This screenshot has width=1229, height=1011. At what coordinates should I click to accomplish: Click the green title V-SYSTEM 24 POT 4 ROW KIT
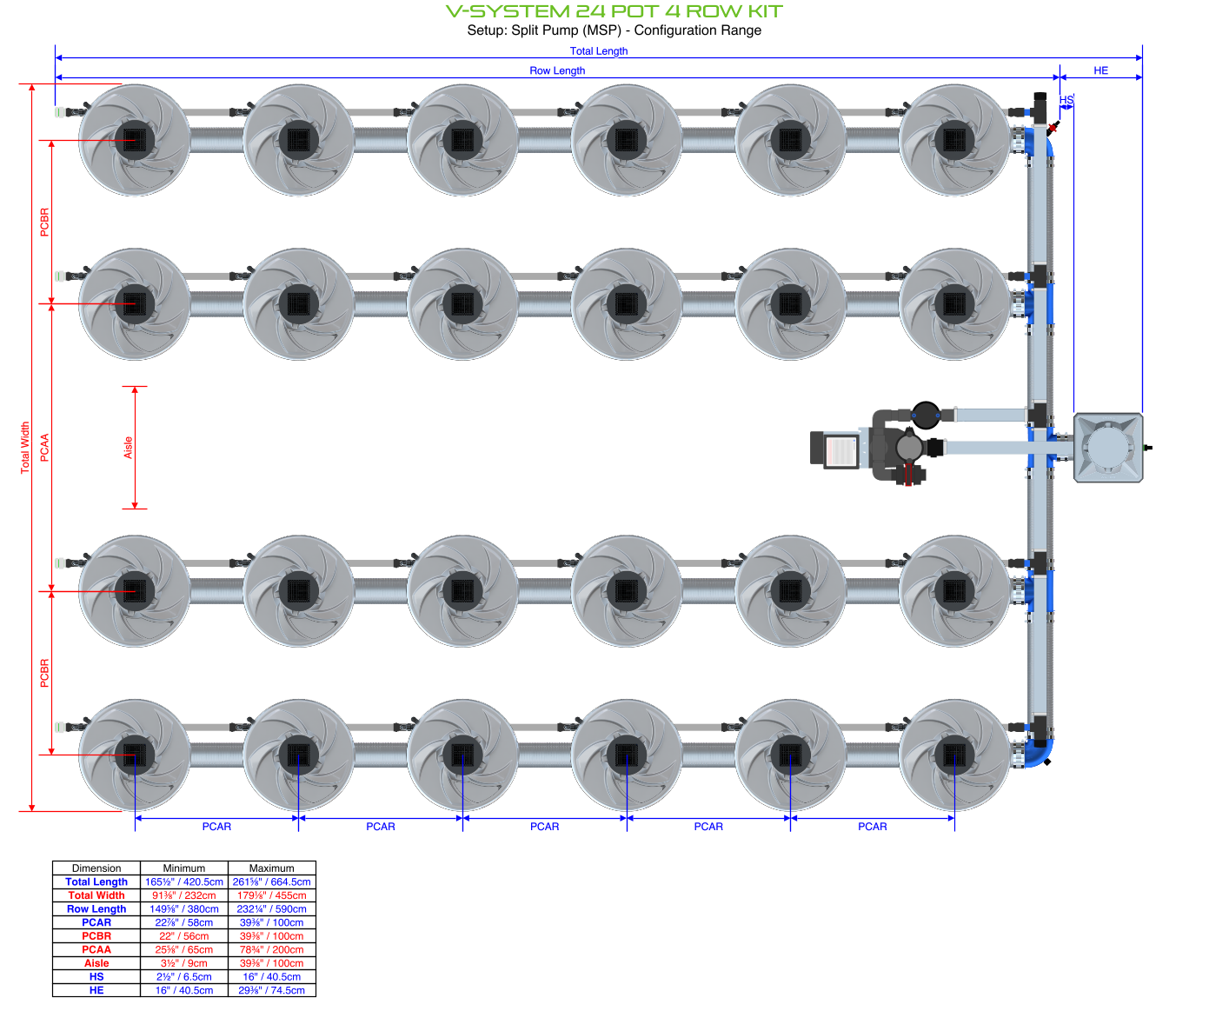point(614,11)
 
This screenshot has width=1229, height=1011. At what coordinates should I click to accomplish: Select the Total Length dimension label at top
point(598,51)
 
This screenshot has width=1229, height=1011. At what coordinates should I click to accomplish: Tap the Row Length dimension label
point(557,70)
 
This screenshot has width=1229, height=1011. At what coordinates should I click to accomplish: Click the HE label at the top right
point(1100,70)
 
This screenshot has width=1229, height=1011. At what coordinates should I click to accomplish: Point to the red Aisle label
point(129,448)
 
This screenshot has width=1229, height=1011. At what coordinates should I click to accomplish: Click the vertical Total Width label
point(25,448)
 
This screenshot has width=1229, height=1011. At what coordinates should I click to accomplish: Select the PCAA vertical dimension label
point(45,448)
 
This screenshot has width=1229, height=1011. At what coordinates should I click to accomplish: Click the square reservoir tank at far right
point(1108,448)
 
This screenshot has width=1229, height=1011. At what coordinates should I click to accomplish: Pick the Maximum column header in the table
point(271,868)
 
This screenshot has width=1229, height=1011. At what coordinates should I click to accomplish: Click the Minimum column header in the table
point(184,868)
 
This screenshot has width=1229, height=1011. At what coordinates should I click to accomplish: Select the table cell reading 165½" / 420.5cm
point(184,881)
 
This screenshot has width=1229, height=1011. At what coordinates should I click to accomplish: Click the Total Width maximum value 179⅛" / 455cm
point(271,895)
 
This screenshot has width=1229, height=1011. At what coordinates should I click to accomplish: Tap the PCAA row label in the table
point(96,949)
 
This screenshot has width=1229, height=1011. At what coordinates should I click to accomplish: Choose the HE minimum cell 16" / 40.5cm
point(184,990)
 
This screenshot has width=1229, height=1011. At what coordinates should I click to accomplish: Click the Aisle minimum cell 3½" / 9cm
point(184,963)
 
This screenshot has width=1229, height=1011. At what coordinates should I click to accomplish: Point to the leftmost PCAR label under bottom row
point(216,827)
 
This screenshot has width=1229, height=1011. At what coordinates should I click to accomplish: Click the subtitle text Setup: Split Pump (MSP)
point(614,30)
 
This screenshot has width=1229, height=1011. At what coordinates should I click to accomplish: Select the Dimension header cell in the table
point(96,868)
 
